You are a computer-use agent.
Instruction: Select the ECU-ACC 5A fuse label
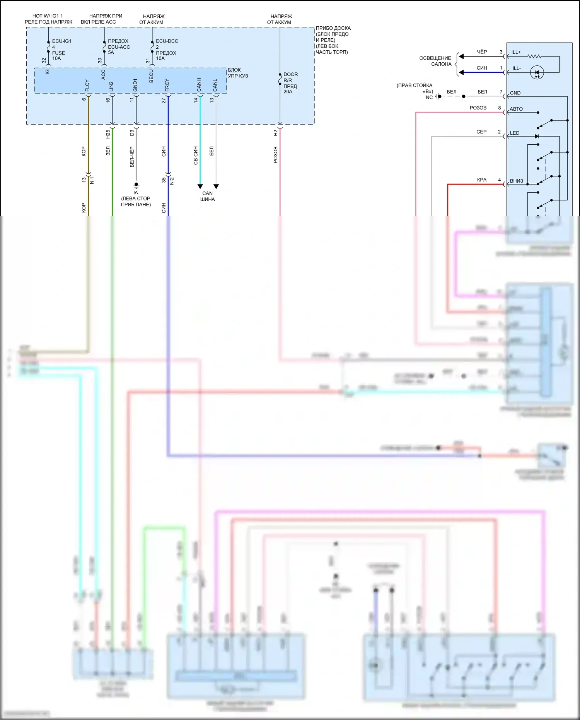118,47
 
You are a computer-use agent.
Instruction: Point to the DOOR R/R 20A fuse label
290,83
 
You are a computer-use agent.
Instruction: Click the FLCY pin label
87,86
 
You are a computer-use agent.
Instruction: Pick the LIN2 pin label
111,87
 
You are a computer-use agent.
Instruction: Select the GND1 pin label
135,85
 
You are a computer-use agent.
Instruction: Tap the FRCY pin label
167,85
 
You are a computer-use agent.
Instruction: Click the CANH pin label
199,85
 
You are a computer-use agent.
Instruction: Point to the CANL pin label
215,85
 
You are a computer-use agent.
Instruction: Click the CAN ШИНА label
208,196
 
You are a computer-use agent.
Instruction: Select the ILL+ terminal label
516,52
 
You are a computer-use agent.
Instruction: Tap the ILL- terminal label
517,68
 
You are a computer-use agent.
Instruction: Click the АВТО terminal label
516,109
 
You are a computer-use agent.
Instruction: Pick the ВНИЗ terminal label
517,181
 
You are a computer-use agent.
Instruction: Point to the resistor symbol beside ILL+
534,56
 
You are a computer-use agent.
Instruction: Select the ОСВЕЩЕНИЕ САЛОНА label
435,61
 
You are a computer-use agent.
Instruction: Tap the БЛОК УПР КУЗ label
238,73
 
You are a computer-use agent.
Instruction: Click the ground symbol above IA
136,185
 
